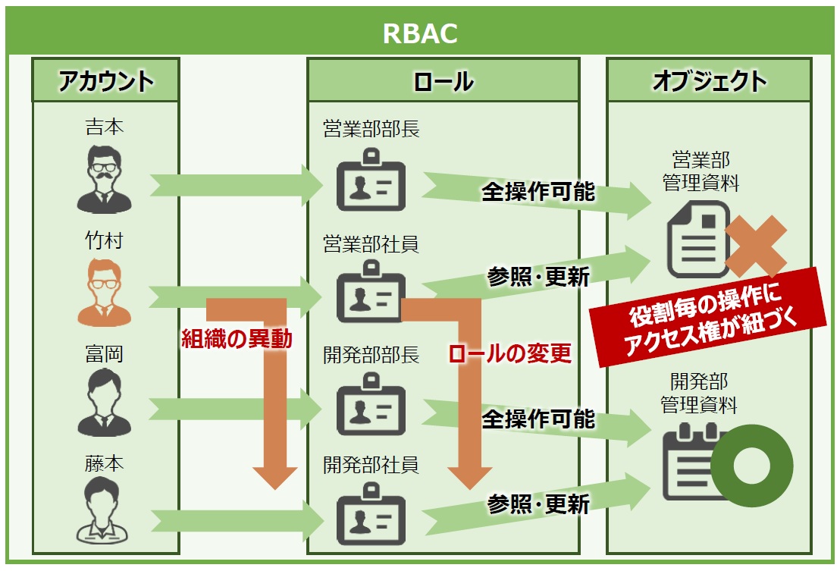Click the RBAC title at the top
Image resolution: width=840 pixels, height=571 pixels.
coord(420,33)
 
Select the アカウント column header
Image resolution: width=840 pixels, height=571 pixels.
coord(105,81)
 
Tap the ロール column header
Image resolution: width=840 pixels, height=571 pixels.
coord(444,81)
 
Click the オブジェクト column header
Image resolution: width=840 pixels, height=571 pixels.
coord(710,81)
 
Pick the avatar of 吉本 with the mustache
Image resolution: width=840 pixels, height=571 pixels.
coord(104,180)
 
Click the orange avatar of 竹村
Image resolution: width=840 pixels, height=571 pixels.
coord(104,293)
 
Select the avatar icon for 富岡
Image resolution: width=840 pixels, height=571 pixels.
coord(104,402)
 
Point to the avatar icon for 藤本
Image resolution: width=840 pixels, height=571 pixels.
coord(104,510)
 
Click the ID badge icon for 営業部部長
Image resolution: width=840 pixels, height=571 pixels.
coord(371,180)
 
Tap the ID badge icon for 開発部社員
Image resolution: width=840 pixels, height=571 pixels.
coord(371,514)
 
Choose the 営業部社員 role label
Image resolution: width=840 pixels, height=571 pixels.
coord(371,244)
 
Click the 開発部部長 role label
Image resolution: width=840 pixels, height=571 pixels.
coord(371,355)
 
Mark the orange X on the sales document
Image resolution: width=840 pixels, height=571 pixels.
coord(756,246)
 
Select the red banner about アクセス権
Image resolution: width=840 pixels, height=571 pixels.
coord(708,318)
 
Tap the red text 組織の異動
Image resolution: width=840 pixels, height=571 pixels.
coord(237,339)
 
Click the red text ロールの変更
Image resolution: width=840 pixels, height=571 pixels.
coord(509,353)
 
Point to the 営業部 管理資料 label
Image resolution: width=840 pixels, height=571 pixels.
coord(701,171)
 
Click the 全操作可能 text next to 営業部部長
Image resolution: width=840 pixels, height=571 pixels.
coord(538,192)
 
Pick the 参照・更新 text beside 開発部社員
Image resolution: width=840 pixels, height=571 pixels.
coord(538,504)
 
